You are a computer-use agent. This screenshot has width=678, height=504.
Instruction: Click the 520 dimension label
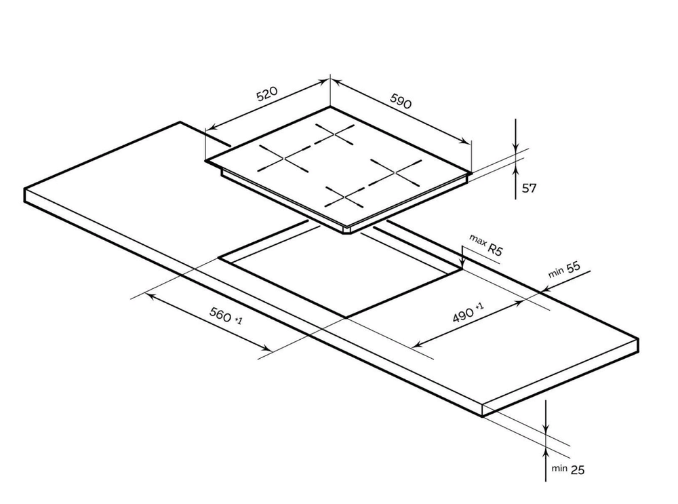pos(266,94)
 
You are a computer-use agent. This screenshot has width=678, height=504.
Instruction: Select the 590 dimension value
pos(401,101)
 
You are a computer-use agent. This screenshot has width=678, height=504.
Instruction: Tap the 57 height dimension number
pos(530,188)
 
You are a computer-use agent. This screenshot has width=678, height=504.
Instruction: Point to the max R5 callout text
pos(486,246)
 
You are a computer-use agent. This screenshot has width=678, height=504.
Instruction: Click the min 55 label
pos(564,269)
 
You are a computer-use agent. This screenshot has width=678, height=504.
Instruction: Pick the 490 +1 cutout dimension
pos(468,313)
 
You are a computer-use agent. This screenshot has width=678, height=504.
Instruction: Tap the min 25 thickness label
pos(567,469)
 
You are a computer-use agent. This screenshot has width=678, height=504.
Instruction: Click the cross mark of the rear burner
pos(335,134)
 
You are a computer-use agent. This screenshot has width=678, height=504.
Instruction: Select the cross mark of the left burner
pos(283,158)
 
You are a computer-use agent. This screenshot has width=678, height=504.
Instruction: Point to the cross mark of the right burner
pos(396,172)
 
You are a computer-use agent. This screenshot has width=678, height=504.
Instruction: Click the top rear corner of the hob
pos(330,107)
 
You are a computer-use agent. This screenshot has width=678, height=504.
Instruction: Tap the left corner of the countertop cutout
pos(219,258)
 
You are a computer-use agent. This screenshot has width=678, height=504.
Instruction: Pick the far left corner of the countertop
pos(24,189)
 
